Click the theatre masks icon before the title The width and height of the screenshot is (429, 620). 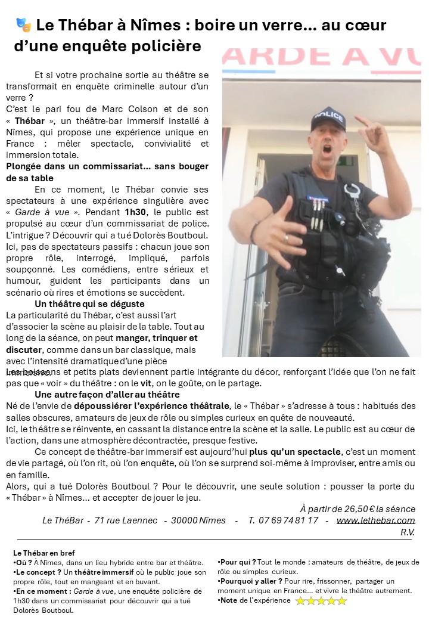point(24,25)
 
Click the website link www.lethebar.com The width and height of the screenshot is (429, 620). point(376,520)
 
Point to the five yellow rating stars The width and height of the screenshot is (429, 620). point(321,601)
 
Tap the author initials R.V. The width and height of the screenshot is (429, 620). point(408,532)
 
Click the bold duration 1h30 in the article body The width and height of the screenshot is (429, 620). point(135,212)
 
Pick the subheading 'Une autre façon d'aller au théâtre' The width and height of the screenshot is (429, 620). point(107,395)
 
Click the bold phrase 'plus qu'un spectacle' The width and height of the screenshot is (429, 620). point(296,451)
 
